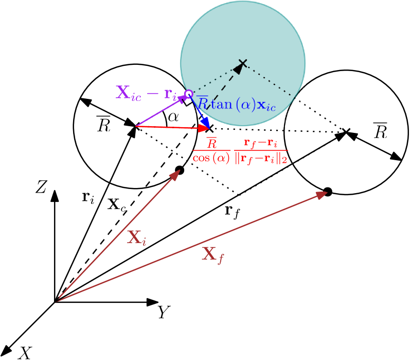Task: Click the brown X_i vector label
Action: pyautogui.click(x=136, y=237)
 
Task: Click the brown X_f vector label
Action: pyautogui.click(x=212, y=254)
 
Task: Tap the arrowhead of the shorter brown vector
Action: pyautogui.click(x=175, y=174)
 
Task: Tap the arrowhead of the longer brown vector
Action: pyautogui.click(x=322, y=194)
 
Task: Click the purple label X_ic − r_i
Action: pyautogui.click(x=146, y=93)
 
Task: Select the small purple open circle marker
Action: pyautogui.click(x=188, y=94)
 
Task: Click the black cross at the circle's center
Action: pyautogui.click(x=242, y=63)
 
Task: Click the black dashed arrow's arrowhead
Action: pyautogui.click(x=238, y=67)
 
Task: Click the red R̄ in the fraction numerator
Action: pyautogui.click(x=211, y=144)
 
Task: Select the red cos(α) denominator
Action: pyautogui.click(x=211, y=159)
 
